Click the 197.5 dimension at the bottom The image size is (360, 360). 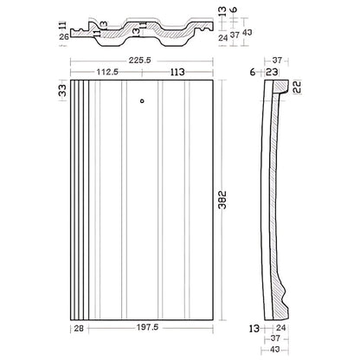point(153,329)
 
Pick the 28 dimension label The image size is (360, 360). point(79,329)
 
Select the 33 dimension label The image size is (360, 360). point(61,90)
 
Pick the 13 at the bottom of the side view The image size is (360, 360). point(254,329)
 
